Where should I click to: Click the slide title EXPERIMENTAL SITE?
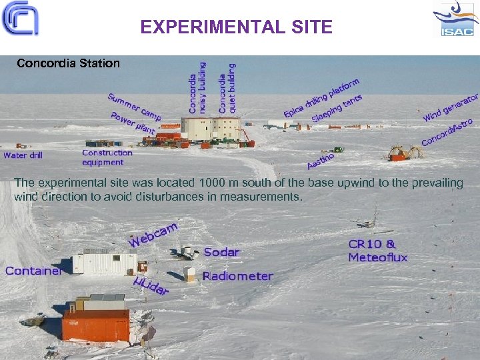coord(236,27)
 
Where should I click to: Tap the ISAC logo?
coord(455,19)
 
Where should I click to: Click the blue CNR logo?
coord(20,19)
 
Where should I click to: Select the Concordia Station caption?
coord(68,64)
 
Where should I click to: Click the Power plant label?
coord(133,123)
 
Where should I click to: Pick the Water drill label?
coord(23,155)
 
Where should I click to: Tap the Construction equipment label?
coord(107,157)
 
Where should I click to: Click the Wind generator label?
coord(451,108)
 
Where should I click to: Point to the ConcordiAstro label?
coord(447,133)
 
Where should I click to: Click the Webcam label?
coord(153,234)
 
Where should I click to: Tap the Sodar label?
coord(221,252)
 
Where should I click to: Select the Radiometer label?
coord(238,276)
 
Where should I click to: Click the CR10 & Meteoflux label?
coord(377,251)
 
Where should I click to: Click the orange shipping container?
coord(96,325)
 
